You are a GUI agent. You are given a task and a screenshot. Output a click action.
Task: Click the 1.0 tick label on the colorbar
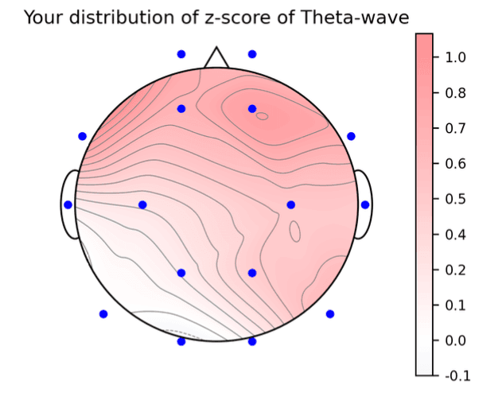tap(455, 57)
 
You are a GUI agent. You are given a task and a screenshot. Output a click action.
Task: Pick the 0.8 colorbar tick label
tap(455, 93)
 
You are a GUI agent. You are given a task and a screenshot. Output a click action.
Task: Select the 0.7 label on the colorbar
tap(455, 128)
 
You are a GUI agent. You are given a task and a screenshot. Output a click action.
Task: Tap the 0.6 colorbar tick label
tap(455, 164)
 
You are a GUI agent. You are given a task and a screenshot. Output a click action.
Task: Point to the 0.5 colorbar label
tap(455, 199)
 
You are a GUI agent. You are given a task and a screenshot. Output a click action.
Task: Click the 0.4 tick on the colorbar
tap(455, 235)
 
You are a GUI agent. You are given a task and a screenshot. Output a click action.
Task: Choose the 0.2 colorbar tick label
tap(455, 270)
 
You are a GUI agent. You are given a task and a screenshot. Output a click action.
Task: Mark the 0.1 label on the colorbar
tap(455, 305)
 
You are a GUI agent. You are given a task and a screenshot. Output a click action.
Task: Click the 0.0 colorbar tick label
tap(455, 340)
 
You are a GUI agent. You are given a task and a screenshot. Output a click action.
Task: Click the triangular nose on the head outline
tap(215, 58)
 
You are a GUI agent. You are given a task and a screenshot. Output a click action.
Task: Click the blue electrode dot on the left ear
tap(68, 204)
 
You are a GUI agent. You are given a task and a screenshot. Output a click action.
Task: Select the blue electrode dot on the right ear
tap(364, 204)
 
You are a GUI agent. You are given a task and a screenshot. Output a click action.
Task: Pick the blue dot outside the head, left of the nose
tap(181, 54)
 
